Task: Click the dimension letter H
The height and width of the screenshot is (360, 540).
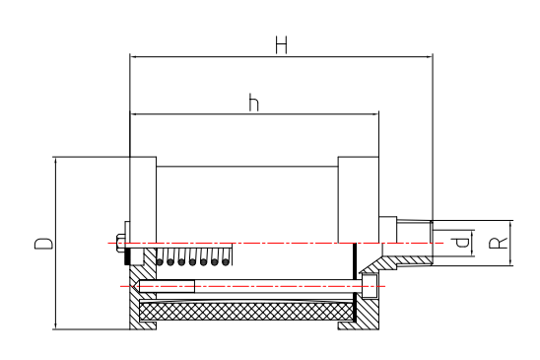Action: pos(281,45)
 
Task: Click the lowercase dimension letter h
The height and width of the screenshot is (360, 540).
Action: pos(254,103)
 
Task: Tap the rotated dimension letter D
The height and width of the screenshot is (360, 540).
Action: pos(43,243)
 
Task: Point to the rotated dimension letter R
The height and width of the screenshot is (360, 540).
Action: pos(498,243)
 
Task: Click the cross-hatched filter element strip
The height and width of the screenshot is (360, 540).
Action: pos(246,312)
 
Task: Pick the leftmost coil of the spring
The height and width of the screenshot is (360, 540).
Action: pos(160,257)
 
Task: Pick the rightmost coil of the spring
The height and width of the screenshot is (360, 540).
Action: pos(226,257)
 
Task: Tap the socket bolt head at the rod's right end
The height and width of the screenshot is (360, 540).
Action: pos(370,286)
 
